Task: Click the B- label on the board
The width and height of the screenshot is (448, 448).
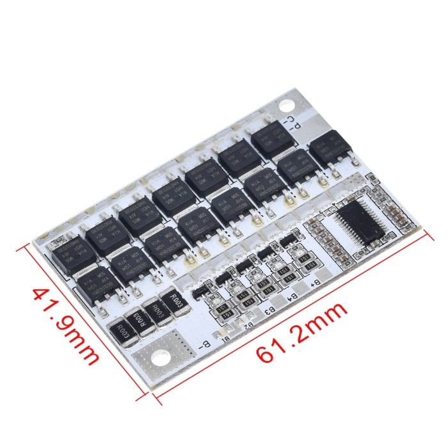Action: (204, 346)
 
